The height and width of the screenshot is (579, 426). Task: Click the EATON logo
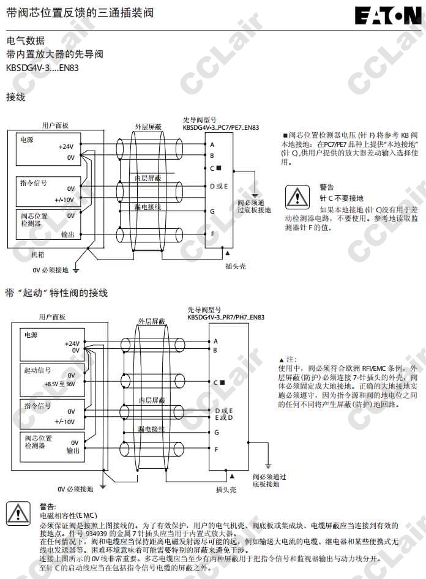click(x=388, y=15)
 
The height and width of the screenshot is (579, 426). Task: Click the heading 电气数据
click(x=25, y=41)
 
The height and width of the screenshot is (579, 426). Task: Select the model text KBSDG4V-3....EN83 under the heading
click(x=42, y=68)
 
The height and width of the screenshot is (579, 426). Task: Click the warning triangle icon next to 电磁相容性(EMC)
click(x=18, y=514)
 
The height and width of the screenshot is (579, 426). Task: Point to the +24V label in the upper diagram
click(x=66, y=147)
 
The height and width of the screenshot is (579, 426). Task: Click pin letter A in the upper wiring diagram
click(x=212, y=144)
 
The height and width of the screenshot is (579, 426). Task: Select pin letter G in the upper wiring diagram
click(x=212, y=211)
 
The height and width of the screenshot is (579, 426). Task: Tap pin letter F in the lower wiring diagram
click(x=216, y=449)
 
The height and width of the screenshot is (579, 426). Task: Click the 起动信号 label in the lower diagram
click(x=37, y=371)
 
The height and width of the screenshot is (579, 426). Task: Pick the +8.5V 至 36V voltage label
click(x=60, y=384)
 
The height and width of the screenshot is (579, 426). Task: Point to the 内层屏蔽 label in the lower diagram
click(x=150, y=400)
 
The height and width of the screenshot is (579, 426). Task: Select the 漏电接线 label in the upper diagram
click(x=148, y=207)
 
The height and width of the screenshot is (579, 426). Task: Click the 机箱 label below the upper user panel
click(x=38, y=254)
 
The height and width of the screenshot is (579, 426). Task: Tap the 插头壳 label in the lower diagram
click(x=226, y=490)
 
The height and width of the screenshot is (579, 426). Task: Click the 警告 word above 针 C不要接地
click(x=327, y=187)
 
